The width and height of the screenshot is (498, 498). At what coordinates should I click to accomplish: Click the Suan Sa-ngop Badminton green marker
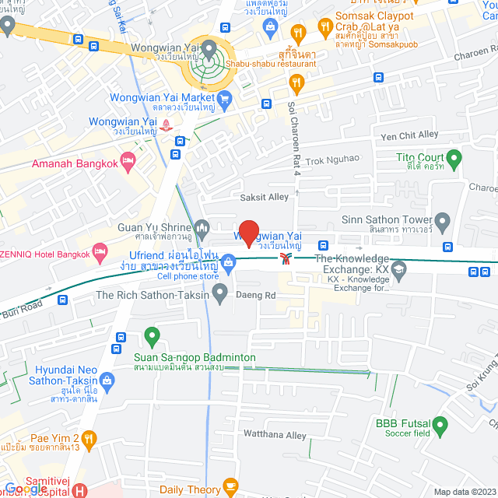click(x=152, y=338)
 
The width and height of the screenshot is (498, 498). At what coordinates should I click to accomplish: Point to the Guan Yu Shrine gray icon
click(x=203, y=228)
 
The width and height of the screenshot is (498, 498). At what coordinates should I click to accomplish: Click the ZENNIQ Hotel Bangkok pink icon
click(x=100, y=251)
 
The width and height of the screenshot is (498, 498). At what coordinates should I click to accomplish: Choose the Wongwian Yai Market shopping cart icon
click(x=225, y=98)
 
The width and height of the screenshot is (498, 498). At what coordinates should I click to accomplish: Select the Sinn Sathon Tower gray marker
click(x=443, y=222)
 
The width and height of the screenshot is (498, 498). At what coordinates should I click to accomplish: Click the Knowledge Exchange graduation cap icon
click(x=399, y=269)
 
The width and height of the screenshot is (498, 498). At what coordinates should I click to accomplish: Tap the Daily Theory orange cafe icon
click(x=230, y=487)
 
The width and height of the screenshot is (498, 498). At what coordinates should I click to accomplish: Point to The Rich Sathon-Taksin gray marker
click(x=220, y=294)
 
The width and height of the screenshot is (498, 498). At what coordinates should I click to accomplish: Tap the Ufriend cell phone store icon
click(x=228, y=265)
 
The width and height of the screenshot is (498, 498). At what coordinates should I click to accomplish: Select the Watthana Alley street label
click(x=275, y=436)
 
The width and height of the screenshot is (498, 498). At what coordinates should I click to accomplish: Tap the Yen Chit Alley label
click(x=409, y=135)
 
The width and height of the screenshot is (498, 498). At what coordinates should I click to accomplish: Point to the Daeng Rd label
click(x=261, y=296)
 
